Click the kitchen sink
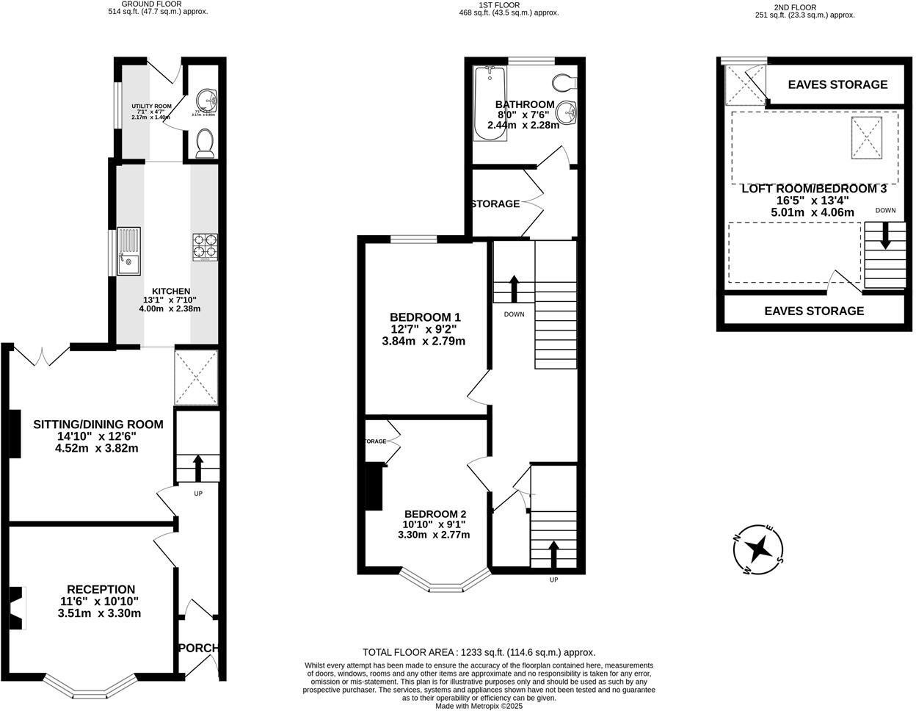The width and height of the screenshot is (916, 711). click(x=129, y=252)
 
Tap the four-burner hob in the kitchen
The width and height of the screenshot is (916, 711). click(x=205, y=247)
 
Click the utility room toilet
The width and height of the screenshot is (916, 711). click(x=206, y=142)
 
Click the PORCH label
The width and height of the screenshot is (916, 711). click(x=198, y=648)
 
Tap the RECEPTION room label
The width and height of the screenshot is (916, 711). click(x=101, y=589)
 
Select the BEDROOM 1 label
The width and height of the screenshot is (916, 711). click(x=425, y=317)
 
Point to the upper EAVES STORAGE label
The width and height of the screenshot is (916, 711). click(x=837, y=84)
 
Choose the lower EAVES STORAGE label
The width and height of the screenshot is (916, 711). click(x=814, y=311)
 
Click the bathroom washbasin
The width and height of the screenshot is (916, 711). click(x=566, y=112)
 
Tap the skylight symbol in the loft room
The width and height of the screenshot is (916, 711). click(x=867, y=137)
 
